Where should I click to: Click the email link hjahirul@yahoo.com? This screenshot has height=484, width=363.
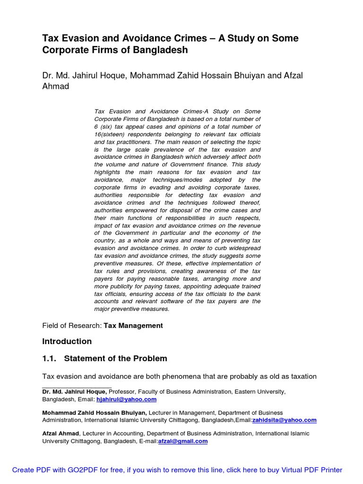tap(123, 399)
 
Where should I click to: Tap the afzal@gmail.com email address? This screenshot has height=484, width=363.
tap(183, 441)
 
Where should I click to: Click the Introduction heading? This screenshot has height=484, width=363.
tap(67, 341)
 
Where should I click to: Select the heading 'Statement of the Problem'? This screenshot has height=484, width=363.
tap(115, 358)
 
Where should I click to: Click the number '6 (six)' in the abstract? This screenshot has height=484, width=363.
tap(105, 127)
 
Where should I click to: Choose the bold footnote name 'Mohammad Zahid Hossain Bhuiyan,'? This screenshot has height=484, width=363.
tap(95, 413)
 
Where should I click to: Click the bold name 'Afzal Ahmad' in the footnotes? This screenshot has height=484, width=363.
tap(60, 433)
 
